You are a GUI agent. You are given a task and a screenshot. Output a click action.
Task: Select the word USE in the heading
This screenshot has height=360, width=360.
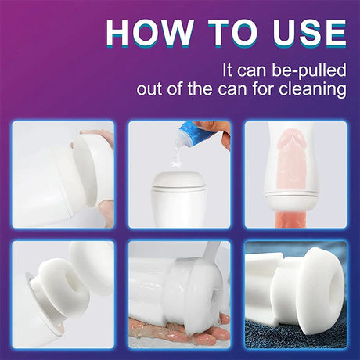[x=309, y=33]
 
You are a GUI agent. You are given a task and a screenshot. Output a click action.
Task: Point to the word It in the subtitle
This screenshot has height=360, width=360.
[x=228, y=70]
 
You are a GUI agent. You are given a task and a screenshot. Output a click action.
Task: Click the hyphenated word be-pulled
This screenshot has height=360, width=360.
[x=309, y=71]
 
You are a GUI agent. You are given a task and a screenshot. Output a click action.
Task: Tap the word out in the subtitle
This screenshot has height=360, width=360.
[x=147, y=89]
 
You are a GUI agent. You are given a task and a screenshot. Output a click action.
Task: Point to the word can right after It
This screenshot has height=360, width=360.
[x=252, y=71]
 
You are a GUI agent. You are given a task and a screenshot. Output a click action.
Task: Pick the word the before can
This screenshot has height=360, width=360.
[x=200, y=88]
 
